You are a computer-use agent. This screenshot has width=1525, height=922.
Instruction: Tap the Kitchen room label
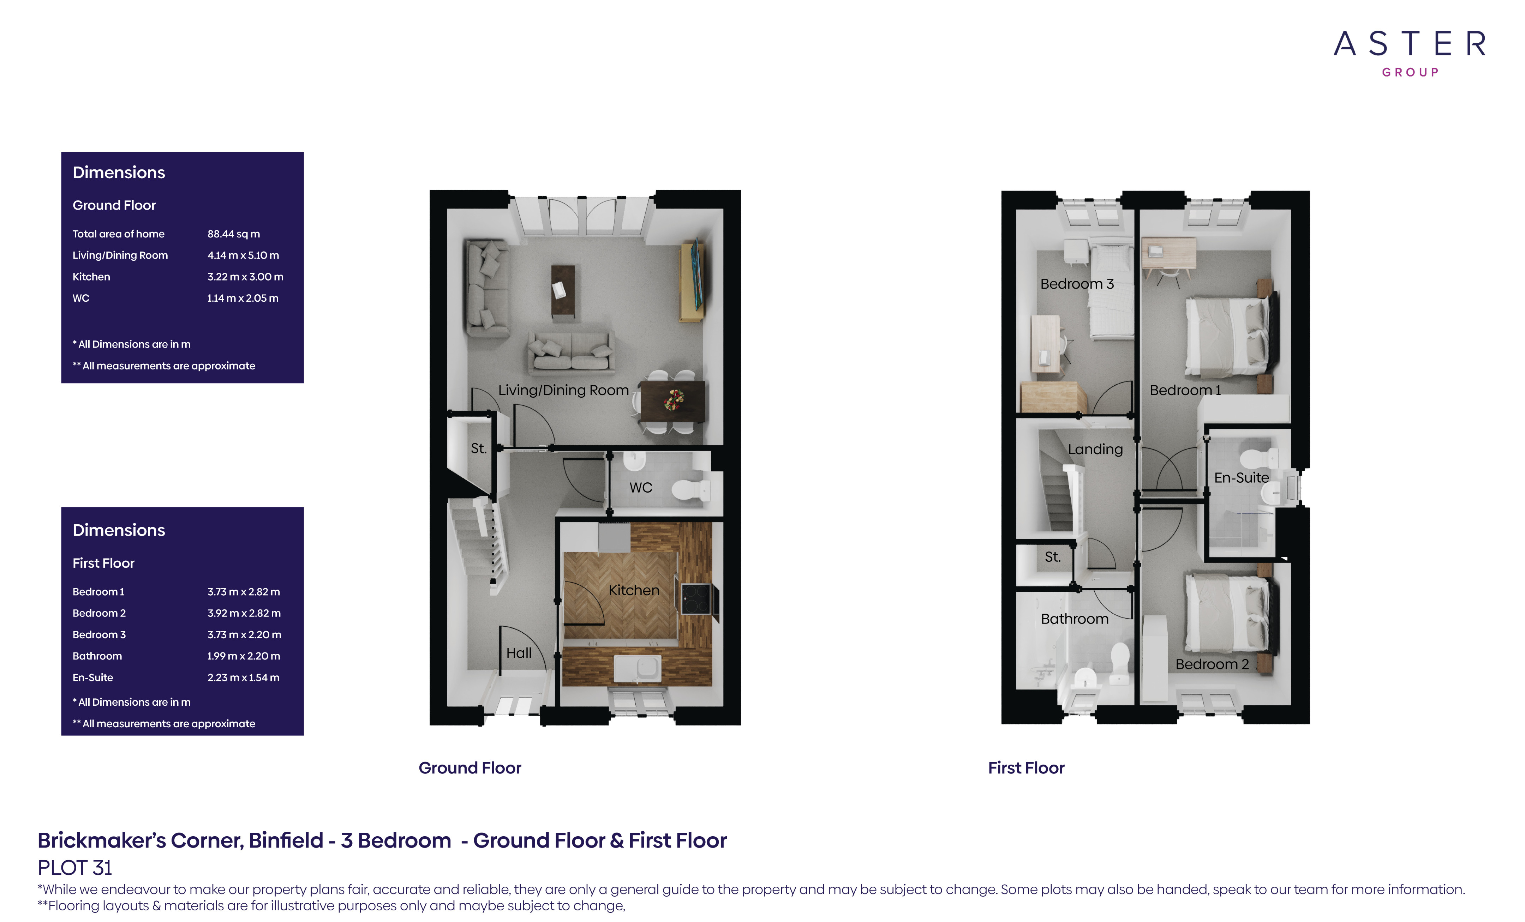click(634, 590)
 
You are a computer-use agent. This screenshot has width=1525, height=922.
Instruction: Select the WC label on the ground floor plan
click(641, 488)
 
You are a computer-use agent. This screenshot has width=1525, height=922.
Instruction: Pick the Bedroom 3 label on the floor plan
click(1077, 284)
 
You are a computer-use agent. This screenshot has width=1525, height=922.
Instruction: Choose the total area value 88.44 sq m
click(233, 234)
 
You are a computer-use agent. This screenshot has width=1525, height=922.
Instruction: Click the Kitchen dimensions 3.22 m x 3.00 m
click(245, 277)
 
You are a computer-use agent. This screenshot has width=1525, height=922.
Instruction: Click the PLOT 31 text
click(75, 868)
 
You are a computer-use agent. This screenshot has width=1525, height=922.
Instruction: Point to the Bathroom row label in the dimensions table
click(97, 656)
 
